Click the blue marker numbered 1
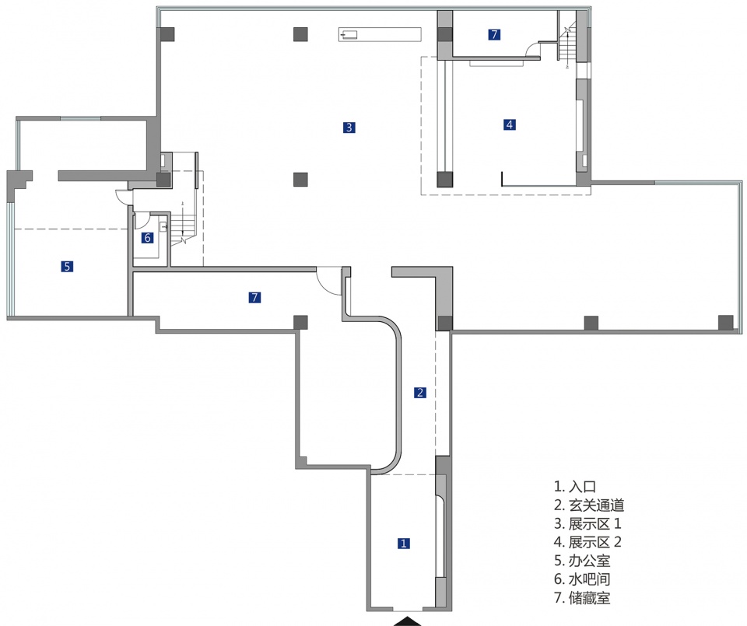pos(403,544)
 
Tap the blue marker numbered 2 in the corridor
pos(420,392)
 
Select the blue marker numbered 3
pos(349,128)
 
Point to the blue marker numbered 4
pos(510,124)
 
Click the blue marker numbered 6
pos(147,238)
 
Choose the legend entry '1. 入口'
pos(574,487)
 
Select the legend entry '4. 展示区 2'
pos(587,542)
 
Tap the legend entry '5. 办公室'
pos(582,561)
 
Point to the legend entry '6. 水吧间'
pos(582,579)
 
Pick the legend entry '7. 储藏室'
pos(582,598)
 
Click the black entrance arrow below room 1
pos(407,620)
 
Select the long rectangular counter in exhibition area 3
pos(380,34)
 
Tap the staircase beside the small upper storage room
pos(567,43)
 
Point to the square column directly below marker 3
pos(301,180)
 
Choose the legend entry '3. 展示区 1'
pos(587,523)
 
